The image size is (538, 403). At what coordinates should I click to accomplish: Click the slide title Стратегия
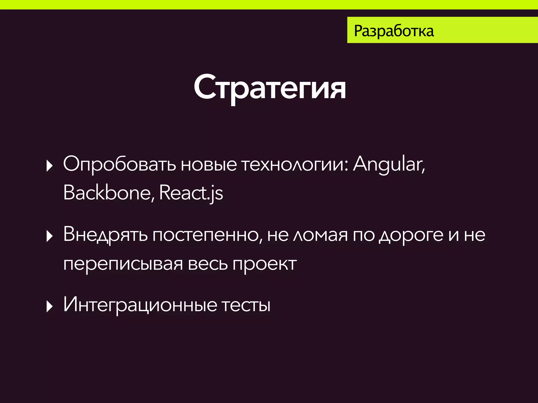tap(270, 87)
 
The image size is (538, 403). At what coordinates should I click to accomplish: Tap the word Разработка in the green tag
tap(394, 31)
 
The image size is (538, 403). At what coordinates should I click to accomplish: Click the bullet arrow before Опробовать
tap(49, 166)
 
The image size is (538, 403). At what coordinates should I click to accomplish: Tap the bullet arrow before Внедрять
tap(49, 236)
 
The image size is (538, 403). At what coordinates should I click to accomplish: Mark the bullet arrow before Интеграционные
tap(49, 306)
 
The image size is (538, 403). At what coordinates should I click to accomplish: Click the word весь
tap(208, 264)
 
